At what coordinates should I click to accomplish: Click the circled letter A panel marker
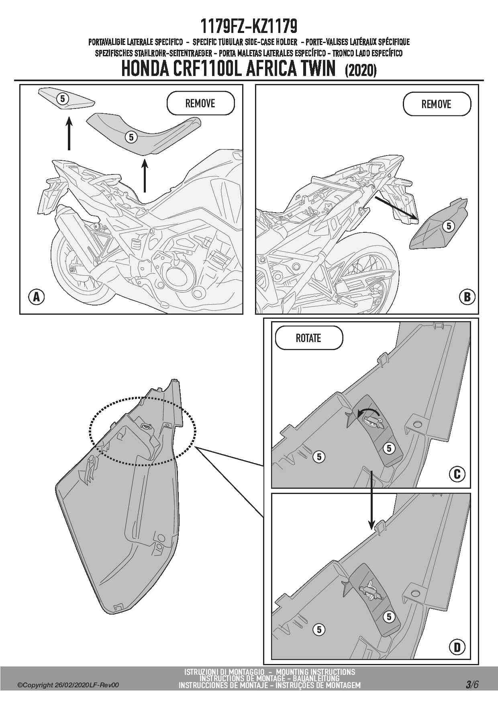coord(37,297)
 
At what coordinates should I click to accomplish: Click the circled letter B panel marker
coord(467,297)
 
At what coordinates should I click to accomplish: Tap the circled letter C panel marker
coord(457,474)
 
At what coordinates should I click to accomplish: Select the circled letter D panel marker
coord(457,647)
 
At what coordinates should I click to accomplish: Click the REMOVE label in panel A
coord(200,103)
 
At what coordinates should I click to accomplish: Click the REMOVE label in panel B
coord(437,104)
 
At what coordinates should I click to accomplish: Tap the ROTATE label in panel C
coord(308,338)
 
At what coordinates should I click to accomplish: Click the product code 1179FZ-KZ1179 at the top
coord(249,27)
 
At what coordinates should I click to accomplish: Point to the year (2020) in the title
coord(361,70)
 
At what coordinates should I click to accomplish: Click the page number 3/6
coord(472,685)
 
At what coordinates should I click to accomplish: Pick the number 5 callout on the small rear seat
coord(63,98)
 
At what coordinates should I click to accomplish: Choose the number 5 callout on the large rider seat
coord(131,137)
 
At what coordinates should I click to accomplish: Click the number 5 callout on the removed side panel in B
coord(449,226)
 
